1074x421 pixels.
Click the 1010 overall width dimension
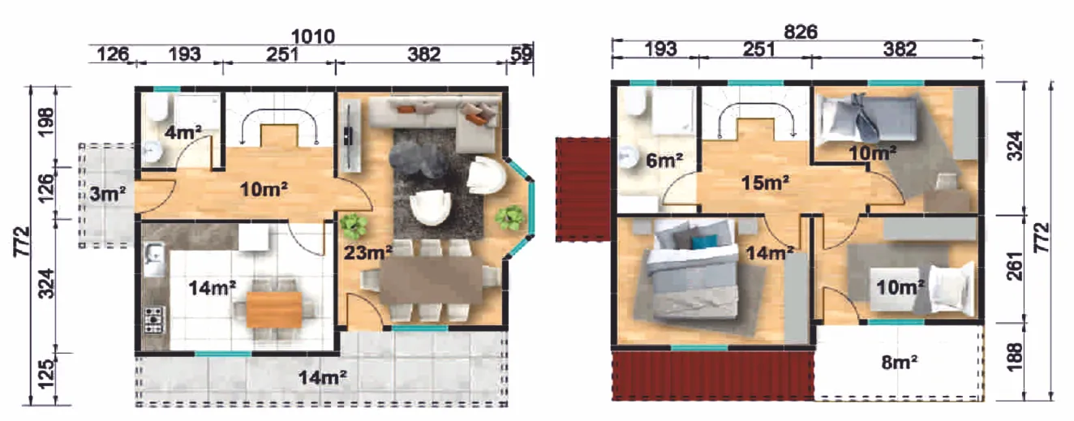312,37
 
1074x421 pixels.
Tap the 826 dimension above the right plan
800,32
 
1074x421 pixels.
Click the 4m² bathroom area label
183,132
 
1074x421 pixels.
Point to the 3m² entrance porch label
107,194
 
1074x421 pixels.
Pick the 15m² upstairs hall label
765,183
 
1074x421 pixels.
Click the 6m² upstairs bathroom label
664,161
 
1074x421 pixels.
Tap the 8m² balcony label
900,363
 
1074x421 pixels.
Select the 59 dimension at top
521,54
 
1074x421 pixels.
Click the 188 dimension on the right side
1015,357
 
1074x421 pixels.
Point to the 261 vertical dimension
1015,265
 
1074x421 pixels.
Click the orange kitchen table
274,310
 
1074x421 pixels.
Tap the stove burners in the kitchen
154,320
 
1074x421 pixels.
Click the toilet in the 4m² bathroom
157,109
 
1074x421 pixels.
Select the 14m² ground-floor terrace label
323,378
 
